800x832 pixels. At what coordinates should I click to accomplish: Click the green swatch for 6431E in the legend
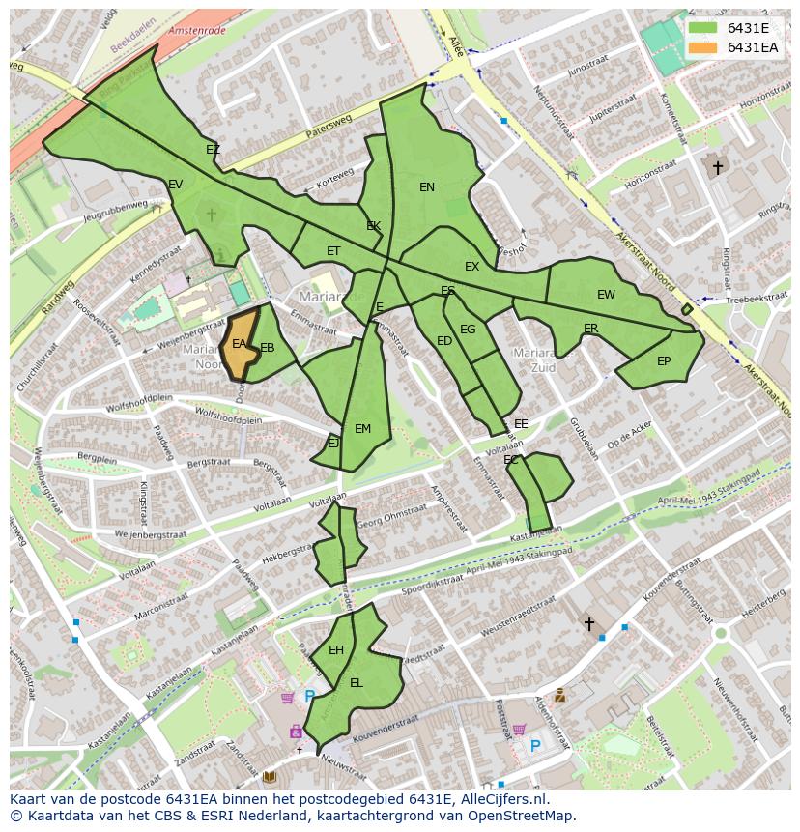pyautogui.click(x=703, y=28)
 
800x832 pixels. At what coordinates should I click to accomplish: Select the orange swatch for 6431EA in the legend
pyautogui.click(x=703, y=47)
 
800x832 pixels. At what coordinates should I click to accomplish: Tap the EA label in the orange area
pyautogui.click(x=239, y=344)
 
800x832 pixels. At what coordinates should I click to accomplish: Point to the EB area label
pyautogui.click(x=268, y=348)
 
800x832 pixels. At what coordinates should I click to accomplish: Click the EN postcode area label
pyautogui.click(x=427, y=187)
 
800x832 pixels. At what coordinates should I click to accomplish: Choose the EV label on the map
pyautogui.click(x=175, y=185)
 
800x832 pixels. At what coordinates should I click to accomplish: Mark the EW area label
pyautogui.click(x=606, y=295)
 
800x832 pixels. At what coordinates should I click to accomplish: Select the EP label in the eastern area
pyautogui.click(x=664, y=361)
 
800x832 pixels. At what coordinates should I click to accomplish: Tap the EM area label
pyautogui.click(x=362, y=429)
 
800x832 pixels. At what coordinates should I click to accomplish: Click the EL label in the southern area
pyautogui.click(x=357, y=683)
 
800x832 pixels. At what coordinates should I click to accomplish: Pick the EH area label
pyautogui.click(x=336, y=650)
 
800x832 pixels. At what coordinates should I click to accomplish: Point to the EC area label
pyautogui.click(x=511, y=460)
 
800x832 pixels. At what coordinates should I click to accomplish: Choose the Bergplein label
pyautogui.click(x=97, y=460)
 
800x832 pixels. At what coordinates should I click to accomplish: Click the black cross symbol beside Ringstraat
pyautogui.click(x=717, y=168)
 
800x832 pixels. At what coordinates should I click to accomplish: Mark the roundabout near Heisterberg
pyautogui.click(x=720, y=633)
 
